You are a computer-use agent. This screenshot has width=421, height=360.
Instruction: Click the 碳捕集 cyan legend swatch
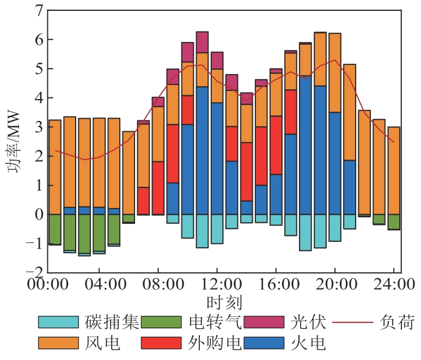(x=58, y=322)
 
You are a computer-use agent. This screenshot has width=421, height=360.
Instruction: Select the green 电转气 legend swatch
(x=161, y=322)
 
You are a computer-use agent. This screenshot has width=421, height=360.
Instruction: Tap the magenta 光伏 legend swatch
(x=264, y=322)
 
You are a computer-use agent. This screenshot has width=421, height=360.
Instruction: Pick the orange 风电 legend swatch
(x=58, y=343)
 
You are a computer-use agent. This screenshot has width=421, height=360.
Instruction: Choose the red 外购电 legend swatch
(x=161, y=343)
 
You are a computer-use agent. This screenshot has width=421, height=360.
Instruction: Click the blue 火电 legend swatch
(x=264, y=343)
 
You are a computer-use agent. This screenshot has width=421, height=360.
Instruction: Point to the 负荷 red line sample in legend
(x=353, y=322)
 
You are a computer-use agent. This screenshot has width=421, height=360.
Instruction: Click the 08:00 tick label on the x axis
(x=163, y=284)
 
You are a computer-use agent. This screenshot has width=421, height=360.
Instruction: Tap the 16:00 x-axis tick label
(x=279, y=284)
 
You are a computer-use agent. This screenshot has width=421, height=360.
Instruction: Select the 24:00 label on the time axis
(x=394, y=284)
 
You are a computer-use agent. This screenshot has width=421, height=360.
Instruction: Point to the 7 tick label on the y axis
(x=39, y=11)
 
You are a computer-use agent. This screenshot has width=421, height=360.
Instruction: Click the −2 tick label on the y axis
(x=34, y=273)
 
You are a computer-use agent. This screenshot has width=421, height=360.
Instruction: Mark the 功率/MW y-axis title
(x=14, y=142)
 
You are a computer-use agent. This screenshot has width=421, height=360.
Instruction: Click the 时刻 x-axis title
(x=224, y=303)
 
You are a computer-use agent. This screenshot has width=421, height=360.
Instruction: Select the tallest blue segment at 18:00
(x=306, y=145)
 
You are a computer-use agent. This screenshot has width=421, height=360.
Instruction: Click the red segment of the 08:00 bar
(x=158, y=188)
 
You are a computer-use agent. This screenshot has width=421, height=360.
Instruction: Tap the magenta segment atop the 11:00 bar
(x=202, y=42)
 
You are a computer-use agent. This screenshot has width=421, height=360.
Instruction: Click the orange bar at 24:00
(x=394, y=170)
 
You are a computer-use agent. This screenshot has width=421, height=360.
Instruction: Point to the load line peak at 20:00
(x=335, y=60)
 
